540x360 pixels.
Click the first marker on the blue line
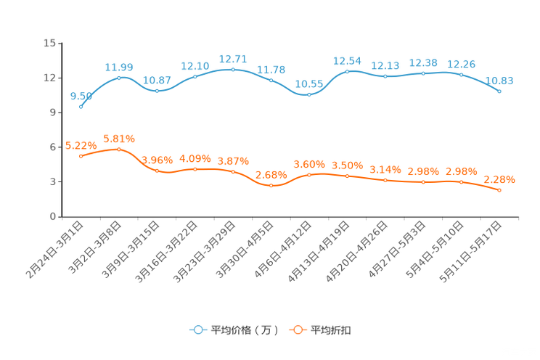pos(81,107)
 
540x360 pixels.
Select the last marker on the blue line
pos(499,91)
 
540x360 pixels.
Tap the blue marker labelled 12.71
pos(233,69)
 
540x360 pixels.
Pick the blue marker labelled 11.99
pos(119,77)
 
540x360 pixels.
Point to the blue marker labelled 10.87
pos(157,91)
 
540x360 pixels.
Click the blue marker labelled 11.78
pos(271,79)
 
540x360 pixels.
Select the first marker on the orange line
pos(81,156)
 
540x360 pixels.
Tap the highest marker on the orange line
pos(119,149)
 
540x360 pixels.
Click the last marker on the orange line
pos(499,190)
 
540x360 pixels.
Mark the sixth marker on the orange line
pos(271,186)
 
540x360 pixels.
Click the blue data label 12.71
pos(233,57)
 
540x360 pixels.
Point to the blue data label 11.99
pos(119,67)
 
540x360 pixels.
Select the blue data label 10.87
pos(157,79)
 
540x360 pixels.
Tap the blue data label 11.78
pos(271,69)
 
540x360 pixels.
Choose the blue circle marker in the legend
pos(198,330)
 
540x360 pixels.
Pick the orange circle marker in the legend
pos(297,330)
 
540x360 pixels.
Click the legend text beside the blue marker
pos(242,330)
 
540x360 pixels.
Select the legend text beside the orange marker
pos(332,330)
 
